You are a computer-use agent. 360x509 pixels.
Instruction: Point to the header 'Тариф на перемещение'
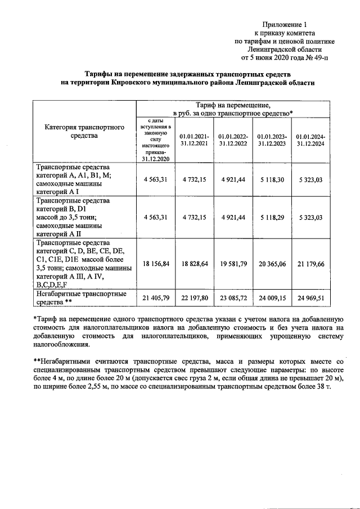pos(233,105)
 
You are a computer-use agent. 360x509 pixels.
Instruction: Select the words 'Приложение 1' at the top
pos(285,25)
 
